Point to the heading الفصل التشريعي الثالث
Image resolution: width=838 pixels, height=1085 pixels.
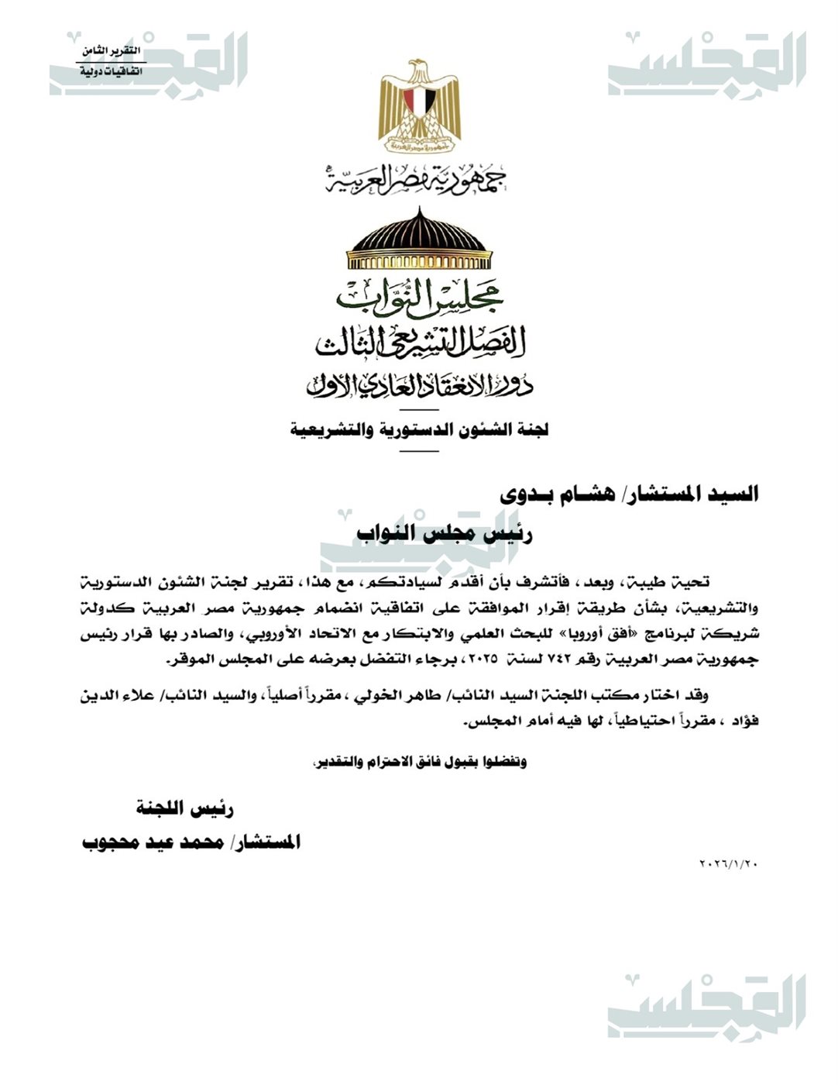click(x=419, y=342)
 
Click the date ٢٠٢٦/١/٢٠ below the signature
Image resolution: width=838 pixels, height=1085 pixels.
click(x=728, y=863)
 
